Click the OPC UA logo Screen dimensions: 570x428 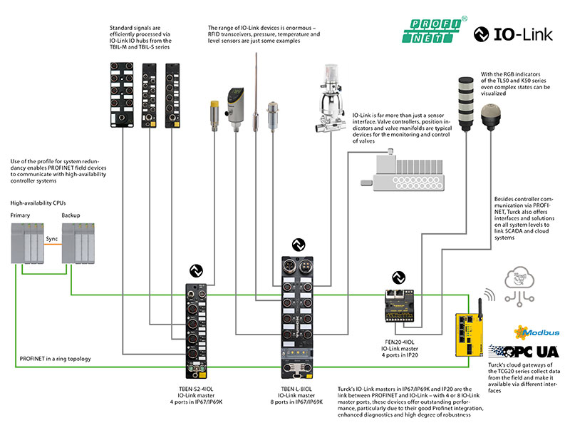(524, 351)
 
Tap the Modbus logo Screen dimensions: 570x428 (537, 332)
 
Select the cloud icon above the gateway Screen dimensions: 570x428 (519, 287)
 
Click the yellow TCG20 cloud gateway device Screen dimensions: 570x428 (470, 334)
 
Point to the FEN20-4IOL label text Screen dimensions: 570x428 (400, 342)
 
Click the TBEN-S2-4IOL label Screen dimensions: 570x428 (196, 389)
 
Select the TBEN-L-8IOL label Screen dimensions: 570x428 (296, 389)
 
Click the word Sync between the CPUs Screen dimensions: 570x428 (51, 239)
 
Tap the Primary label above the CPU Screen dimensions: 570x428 (20, 215)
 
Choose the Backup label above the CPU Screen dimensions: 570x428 (71, 215)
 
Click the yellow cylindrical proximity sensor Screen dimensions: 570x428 (214, 116)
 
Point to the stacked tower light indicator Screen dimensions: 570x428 (466, 103)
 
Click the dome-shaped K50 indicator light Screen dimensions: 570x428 (491, 117)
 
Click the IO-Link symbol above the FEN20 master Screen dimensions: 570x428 (399, 277)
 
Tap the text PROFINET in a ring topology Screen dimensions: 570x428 (56, 359)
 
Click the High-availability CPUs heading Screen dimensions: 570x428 (38, 203)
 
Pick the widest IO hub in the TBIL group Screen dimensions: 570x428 (122, 95)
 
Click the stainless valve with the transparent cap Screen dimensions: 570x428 (330, 98)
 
